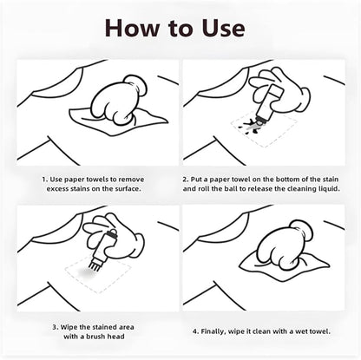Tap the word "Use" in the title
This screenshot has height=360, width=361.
click(223, 28)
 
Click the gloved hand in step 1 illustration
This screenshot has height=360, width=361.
click(119, 99)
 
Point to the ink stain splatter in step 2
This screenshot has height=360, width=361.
click(251, 127)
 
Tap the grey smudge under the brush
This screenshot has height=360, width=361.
click(86, 272)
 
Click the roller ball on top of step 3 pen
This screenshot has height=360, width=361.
click(113, 232)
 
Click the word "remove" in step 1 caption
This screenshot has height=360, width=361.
click(131, 180)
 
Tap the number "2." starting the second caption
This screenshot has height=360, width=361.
click(185, 180)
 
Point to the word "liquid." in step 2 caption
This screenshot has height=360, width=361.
click(329, 189)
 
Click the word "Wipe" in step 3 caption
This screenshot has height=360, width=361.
click(69, 327)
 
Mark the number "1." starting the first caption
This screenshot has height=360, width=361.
click(45, 180)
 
